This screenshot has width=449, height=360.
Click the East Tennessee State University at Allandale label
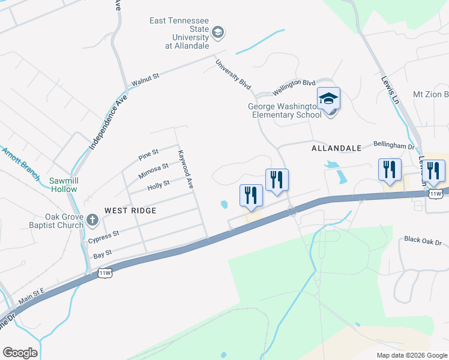[x=179, y=33]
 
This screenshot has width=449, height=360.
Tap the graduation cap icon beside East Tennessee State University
[x=217, y=32]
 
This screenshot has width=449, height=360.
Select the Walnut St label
[x=145, y=78]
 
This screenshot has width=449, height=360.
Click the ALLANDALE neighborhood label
[x=336, y=148]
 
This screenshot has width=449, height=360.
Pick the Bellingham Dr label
[x=394, y=145]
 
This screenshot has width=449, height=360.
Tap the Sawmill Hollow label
[x=64, y=184]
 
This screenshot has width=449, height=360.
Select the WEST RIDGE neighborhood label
[x=130, y=211]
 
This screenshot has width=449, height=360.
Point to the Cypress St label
[x=104, y=236]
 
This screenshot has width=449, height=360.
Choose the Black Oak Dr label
[x=423, y=241]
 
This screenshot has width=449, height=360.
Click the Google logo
[x=20, y=353]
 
